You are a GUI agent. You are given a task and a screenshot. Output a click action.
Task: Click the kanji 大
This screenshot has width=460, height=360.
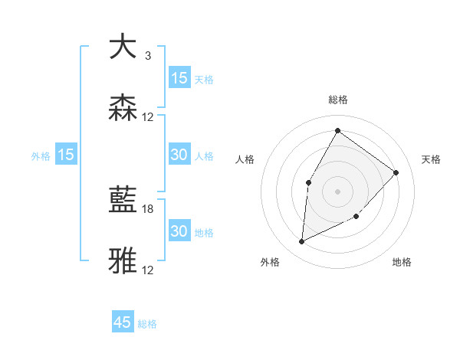coord(123,47)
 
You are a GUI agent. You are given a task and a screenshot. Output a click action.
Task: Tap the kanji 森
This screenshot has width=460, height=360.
coord(123,109)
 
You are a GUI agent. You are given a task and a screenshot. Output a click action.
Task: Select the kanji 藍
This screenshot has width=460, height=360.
coord(123,201)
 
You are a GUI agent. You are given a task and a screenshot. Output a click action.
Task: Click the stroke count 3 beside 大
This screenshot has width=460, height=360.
coord(147,56)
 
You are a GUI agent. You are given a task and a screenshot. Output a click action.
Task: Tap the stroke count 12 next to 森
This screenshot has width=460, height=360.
coord(148,117)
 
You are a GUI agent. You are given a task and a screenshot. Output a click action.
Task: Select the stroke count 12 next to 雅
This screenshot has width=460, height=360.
coord(148,270)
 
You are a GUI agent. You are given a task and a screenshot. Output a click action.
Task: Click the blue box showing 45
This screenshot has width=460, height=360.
coord(123,322)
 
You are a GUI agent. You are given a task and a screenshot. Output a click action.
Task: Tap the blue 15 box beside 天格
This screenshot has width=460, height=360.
coord(179,78)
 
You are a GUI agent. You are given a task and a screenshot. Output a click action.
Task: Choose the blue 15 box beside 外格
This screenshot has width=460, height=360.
coord(66,155)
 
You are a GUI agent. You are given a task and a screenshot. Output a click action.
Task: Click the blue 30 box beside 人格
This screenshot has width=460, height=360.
coord(179,155)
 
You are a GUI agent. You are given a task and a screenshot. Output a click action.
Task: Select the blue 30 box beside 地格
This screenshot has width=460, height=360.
coord(179,231)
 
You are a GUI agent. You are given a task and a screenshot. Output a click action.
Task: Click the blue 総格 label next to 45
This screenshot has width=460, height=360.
coord(147,324)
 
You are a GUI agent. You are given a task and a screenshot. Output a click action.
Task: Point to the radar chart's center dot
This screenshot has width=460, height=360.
coord(337,191)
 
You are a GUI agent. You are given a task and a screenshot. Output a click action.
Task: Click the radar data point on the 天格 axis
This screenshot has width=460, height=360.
coord(396,172)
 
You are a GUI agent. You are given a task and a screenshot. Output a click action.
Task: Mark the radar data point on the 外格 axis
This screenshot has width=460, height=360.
coord(301,242)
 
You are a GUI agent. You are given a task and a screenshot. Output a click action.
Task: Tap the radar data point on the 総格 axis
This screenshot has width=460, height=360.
coord(337,130)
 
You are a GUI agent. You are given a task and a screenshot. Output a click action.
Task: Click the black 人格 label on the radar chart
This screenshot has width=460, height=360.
coord(245,159)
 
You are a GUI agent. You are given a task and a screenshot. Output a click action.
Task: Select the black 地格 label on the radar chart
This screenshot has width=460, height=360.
coord(402,262)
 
